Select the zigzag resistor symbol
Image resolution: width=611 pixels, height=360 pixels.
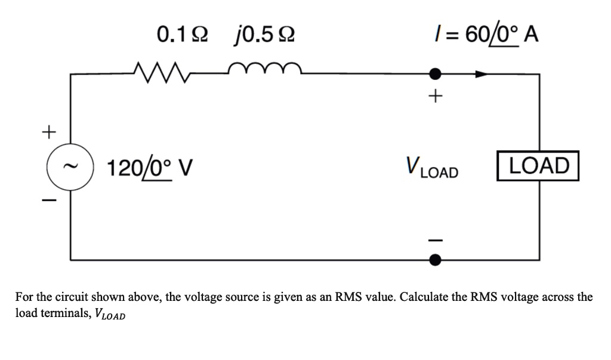coord(161,72)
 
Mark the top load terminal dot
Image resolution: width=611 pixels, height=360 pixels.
coord(436,74)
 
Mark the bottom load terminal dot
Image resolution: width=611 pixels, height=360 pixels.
coord(436,260)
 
